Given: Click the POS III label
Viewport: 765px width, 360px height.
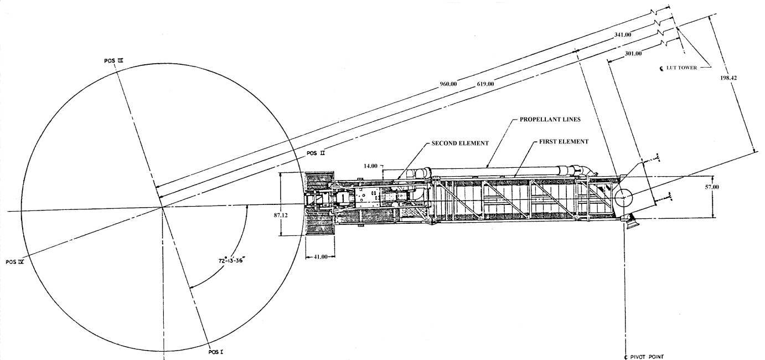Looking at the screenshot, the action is tap(113, 61).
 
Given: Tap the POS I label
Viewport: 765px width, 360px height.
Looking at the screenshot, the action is tap(216, 352).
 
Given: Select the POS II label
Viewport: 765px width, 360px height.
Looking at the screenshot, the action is tap(316, 153).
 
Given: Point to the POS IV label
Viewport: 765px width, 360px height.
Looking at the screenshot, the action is tap(15, 262).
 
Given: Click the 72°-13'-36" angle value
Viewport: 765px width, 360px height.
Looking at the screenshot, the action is tap(232, 261).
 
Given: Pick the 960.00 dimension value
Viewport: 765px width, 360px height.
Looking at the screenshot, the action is tap(448, 84).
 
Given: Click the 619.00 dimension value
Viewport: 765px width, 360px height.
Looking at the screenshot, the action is tap(485, 84).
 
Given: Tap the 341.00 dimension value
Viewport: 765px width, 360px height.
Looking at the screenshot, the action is tap(623, 35).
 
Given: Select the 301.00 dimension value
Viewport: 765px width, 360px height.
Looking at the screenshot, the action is tap(633, 54).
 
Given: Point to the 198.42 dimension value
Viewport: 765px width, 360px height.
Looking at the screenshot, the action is tap(728, 78).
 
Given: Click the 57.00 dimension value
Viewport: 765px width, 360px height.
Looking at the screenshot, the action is tap(712, 187).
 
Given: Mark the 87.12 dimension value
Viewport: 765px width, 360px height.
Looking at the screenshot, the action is tap(281, 215).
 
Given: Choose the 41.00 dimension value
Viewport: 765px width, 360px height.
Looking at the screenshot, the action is tap(321, 257).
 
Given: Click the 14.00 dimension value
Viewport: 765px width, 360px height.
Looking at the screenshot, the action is tap(370, 166).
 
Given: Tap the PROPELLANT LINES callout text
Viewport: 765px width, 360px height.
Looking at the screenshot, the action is tap(550, 120).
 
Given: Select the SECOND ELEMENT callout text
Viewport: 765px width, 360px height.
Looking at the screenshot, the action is tap(460, 143).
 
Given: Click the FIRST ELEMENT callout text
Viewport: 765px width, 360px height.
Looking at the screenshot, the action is tap(564, 142).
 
